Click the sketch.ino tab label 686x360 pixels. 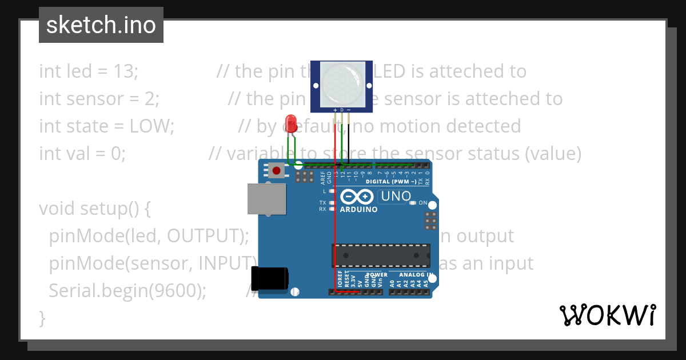tap(101, 25)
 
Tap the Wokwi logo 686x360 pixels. tap(607, 315)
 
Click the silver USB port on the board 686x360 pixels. tap(266, 198)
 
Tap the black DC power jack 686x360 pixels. tap(270, 279)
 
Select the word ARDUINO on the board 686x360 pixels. tap(358, 210)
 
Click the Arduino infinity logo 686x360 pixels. tap(357, 197)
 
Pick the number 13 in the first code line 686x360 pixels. tap(126, 71)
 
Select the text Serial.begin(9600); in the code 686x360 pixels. tap(127, 291)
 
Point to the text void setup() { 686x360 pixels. tap(94, 209)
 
